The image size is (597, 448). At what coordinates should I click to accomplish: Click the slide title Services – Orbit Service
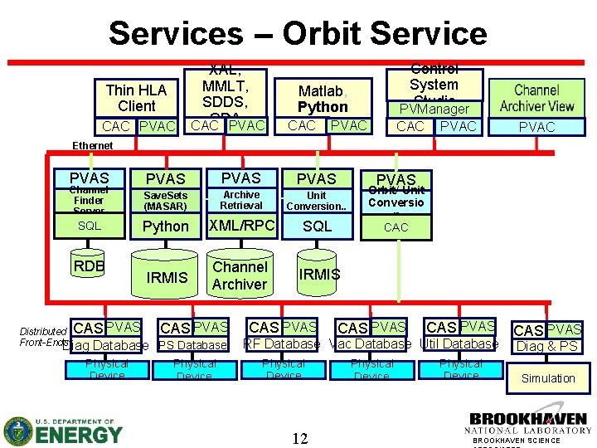click(298, 33)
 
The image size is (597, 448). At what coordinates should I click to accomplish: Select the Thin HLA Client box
click(136, 98)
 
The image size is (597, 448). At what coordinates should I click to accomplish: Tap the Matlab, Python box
click(323, 99)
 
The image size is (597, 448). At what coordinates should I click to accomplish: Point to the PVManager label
click(434, 109)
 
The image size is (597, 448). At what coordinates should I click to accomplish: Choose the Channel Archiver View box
click(536, 98)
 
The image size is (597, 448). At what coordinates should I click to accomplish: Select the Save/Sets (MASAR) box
click(166, 201)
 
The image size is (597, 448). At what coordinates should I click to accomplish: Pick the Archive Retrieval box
click(241, 200)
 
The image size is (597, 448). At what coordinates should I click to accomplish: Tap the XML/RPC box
click(241, 226)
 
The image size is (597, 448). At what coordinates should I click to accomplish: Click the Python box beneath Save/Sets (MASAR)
click(166, 226)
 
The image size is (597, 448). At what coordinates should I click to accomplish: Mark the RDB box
click(89, 266)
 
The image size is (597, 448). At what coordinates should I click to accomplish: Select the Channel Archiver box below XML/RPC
click(240, 275)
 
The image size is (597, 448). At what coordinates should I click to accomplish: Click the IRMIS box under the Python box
click(167, 277)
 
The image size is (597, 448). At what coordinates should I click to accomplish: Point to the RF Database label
click(281, 343)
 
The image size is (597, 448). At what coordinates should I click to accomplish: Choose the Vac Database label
click(371, 343)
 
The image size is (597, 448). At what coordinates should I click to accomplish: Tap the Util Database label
click(459, 343)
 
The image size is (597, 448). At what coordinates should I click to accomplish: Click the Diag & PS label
click(546, 346)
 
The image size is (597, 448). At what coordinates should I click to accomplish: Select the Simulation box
click(547, 378)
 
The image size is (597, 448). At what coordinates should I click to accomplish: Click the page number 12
click(299, 437)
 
